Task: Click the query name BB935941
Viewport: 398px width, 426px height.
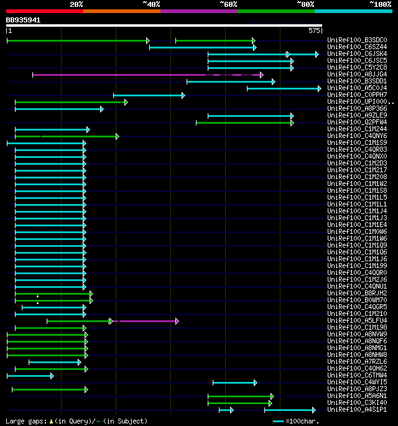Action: click(24, 20)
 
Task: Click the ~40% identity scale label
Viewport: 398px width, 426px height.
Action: click(151, 4)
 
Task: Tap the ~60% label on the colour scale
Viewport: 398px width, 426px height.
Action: click(228, 4)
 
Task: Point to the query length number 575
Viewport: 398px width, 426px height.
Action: click(314, 30)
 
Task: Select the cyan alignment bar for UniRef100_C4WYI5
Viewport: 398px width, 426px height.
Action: click(234, 382)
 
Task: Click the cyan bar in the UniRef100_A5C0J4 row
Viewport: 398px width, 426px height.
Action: click(284, 88)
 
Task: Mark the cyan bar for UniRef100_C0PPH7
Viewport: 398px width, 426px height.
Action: click(149, 95)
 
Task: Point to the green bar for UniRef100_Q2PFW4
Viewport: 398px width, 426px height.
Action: click(244, 123)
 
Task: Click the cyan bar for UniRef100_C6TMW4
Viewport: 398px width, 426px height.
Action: click(30, 376)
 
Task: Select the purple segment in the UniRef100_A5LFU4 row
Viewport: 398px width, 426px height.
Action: click(145, 321)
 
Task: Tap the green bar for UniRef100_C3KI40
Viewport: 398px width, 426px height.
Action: click(239, 403)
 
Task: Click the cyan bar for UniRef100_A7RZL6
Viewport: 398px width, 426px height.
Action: click(54, 362)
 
